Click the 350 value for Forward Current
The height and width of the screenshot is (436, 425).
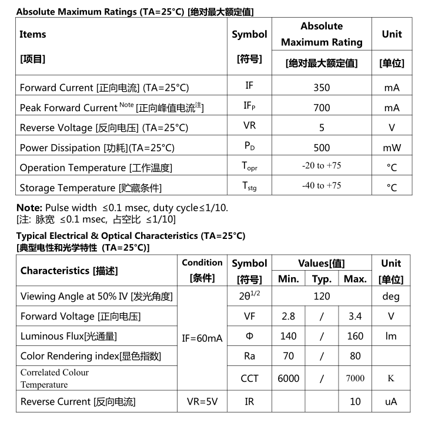322,88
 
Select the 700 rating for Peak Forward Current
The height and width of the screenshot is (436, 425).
322,108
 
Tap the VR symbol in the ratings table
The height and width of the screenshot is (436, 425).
249,127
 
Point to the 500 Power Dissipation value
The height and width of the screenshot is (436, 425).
322,148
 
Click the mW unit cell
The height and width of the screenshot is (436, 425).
391,148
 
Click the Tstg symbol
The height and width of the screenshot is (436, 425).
249,187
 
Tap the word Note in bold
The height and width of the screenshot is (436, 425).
28,208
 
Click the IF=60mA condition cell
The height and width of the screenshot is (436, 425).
202,338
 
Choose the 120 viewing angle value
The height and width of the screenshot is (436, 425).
322,296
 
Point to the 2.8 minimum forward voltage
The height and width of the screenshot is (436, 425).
288,316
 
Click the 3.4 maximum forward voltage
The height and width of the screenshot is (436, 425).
355,316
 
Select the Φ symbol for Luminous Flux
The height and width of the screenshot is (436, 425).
249,336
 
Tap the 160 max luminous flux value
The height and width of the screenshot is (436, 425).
355,336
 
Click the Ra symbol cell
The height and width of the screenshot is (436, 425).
249,356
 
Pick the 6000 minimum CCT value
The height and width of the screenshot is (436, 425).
288,378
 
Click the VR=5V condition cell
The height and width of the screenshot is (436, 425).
202,402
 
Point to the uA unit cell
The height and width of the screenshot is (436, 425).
391,402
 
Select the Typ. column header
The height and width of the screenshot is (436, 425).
322,279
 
